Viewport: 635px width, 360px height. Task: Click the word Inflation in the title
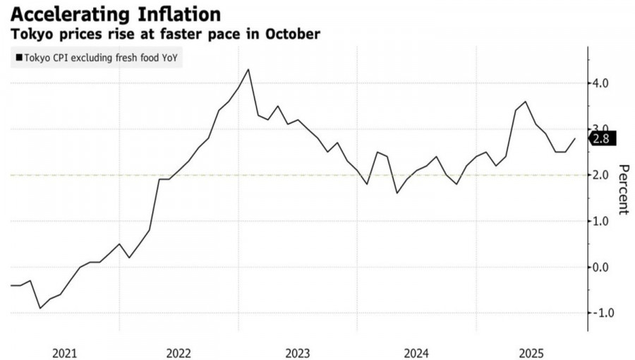(x=179, y=14)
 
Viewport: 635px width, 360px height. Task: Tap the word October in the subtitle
(x=291, y=34)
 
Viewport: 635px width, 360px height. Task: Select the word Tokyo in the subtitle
(x=28, y=34)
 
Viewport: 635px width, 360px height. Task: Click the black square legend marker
(x=18, y=59)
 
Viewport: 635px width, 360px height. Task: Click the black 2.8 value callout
(x=603, y=138)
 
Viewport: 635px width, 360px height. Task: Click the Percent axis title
(x=623, y=189)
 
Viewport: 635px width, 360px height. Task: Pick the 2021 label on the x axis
(x=64, y=351)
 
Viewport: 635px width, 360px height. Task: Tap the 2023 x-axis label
(x=299, y=351)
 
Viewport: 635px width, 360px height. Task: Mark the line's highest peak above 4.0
(x=248, y=69)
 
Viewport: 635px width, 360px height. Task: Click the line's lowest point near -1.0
(x=40, y=308)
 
